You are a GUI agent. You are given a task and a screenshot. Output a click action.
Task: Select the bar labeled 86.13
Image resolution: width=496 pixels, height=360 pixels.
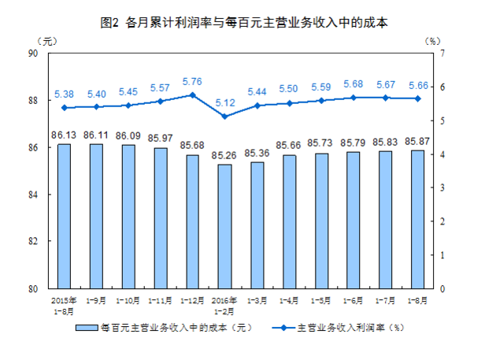tap(64, 216)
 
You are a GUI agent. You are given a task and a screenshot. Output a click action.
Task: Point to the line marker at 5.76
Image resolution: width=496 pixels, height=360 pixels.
tap(193, 95)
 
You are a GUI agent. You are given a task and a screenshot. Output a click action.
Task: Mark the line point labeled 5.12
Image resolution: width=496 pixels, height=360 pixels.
tap(225, 117)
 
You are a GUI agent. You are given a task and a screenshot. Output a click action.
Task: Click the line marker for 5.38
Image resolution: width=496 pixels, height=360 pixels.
tap(64, 107)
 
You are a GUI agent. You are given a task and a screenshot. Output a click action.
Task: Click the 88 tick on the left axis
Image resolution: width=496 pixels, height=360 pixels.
tap(33, 100)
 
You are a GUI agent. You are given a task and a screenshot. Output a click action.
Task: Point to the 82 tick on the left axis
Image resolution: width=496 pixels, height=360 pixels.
tap(33, 242)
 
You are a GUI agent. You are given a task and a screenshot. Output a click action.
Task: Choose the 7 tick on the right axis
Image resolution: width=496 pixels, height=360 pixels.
tap(443, 53)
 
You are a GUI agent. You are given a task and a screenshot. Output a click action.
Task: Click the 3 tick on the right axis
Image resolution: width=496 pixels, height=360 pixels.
tap(443, 187)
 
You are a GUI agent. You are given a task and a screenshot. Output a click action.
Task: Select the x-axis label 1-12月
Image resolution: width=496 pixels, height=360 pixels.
tap(193, 300)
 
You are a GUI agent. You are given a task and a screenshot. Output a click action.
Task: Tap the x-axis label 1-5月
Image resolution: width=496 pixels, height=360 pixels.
tap(321, 300)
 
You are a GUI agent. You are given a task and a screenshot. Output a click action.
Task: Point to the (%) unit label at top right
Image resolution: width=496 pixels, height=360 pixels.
tap(432, 40)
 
